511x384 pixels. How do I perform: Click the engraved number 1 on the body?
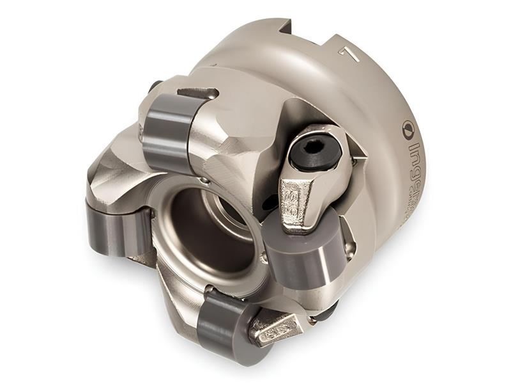click(349, 54)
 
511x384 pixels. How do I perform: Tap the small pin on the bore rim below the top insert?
click(203, 181)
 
